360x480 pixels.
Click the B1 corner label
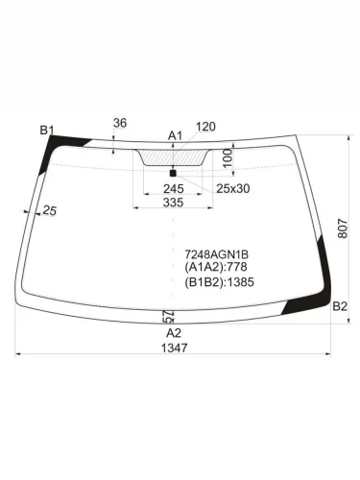pos(47,131)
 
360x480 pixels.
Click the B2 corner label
pos(339,306)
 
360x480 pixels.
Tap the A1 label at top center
pos(175,135)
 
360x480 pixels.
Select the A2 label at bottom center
pos(174,332)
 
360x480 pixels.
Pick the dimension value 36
pos(120,123)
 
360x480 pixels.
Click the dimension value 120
pos(205,127)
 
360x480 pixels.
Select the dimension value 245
pos(174,189)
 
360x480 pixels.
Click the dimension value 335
pos(173,204)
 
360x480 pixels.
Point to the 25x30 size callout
pos(232,189)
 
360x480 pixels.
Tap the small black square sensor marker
pos(173,172)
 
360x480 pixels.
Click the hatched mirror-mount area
pos(174,156)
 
